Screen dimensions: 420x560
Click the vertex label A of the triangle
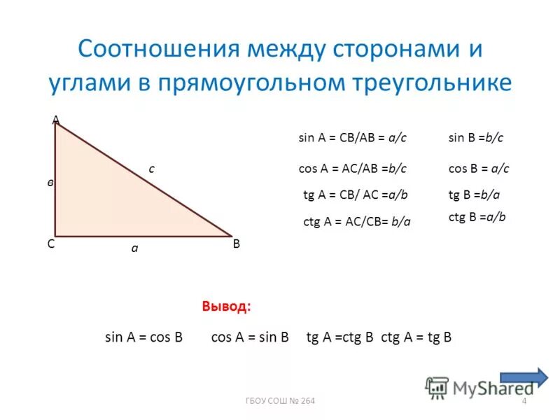click(x=55, y=120)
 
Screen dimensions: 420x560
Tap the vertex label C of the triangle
click(x=51, y=244)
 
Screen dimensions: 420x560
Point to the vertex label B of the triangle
click(x=237, y=244)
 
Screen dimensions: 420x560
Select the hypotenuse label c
click(x=151, y=168)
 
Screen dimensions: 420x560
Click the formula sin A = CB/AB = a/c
click(x=352, y=139)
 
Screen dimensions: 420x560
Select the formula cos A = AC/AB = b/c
click(x=353, y=168)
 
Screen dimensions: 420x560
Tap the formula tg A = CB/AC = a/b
click(x=355, y=195)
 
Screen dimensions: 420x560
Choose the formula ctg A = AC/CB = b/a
click(x=356, y=221)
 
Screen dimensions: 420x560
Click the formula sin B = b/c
click(x=476, y=139)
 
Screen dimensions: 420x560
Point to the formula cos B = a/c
click(x=478, y=168)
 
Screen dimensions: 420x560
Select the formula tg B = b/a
click(x=474, y=195)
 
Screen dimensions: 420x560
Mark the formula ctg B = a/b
click(x=477, y=217)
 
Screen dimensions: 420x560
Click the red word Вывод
click(x=225, y=307)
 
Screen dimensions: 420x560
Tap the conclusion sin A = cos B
click(x=143, y=337)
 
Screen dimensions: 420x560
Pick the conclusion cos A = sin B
click(x=250, y=337)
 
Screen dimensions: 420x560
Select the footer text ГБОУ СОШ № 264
click(x=280, y=400)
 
